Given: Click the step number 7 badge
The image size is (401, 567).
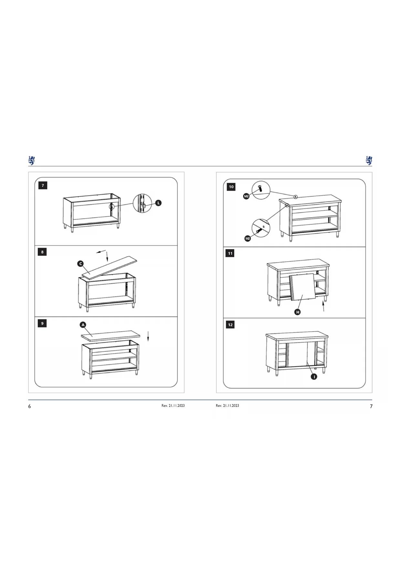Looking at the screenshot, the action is (43, 186).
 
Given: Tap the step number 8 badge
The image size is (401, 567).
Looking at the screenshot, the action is (42, 252).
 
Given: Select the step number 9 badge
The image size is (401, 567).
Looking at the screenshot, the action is (42, 323).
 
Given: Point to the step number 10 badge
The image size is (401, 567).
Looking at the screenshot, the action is (231, 187).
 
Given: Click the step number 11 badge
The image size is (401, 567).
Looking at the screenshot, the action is (230, 253).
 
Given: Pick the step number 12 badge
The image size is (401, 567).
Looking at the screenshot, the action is (230, 325).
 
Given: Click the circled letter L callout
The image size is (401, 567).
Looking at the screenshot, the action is (158, 203).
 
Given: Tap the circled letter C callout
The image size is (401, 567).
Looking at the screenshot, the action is (80, 264).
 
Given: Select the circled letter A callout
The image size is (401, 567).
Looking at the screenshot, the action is (83, 325).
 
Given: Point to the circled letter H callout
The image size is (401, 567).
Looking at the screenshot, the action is (298, 312).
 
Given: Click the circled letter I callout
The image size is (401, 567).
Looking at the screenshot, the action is (314, 377).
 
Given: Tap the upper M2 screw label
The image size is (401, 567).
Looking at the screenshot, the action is (246, 196).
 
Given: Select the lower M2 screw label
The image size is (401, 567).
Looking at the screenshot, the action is (248, 239).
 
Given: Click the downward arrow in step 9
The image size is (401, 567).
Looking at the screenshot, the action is (148, 336).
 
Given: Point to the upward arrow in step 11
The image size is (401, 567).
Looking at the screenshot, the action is (323, 306).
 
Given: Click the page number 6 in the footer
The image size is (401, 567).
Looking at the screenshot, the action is (29, 406).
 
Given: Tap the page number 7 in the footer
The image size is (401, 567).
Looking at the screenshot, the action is (371, 406).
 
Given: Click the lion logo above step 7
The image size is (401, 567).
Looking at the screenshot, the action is (31, 160).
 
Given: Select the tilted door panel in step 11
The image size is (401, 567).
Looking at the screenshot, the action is (302, 287).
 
